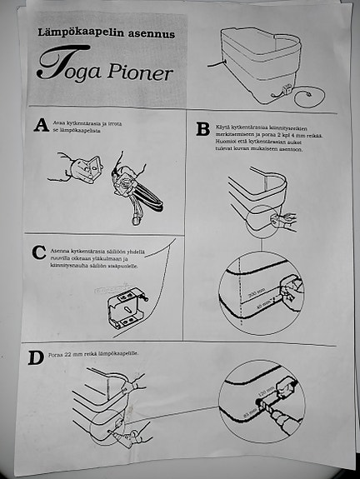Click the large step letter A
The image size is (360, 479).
click(39, 126)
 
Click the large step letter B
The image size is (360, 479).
click(202, 129)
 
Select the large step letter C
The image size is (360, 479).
click(37, 252)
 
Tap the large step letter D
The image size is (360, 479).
click(36, 359)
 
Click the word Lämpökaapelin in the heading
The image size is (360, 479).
click(80, 32)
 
